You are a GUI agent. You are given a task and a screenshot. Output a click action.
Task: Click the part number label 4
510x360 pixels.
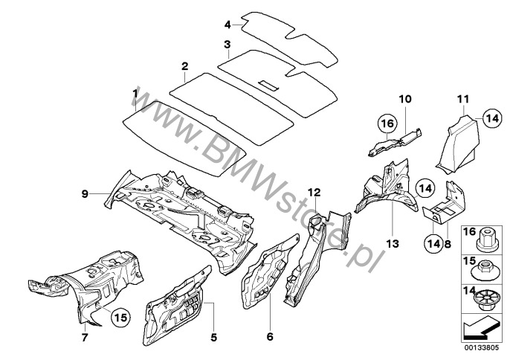point(227,25)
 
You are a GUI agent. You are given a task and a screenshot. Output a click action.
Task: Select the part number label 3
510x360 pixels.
point(227,45)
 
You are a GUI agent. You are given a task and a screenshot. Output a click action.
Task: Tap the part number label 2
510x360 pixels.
point(184,67)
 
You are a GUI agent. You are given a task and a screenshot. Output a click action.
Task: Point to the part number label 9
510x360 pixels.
point(85,194)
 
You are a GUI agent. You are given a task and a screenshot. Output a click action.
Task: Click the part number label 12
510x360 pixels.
point(314,193)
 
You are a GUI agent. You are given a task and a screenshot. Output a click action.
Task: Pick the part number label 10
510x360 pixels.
point(405,99)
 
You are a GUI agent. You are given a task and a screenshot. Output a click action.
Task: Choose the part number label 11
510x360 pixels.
point(463,99)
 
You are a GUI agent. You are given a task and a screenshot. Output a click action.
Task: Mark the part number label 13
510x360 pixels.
point(393,243)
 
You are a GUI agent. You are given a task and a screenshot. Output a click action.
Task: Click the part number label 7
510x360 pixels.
point(85,337)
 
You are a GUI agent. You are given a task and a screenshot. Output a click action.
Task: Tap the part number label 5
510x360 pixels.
point(213,338)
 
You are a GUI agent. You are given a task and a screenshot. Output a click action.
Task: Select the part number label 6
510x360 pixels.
point(270,336)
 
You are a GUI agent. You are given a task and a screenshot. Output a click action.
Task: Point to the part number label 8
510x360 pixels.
point(448,243)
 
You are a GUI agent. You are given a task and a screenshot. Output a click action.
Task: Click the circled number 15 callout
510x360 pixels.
point(120,317)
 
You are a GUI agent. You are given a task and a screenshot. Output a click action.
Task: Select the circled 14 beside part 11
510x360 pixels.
point(492,118)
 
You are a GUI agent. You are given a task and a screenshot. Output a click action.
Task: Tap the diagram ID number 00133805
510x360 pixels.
point(481,347)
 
